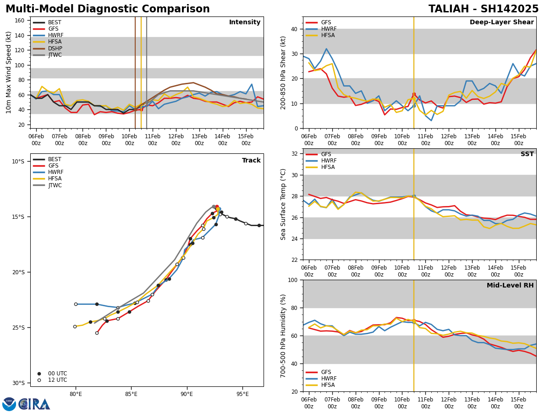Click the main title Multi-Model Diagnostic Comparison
click(x=108, y=9)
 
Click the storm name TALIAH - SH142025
click(x=484, y=9)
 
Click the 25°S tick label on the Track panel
click(x=18, y=328)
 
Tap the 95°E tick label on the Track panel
click(x=242, y=394)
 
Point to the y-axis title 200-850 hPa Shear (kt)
click(x=284, y=72)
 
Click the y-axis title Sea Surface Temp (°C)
click(x=284, y=204)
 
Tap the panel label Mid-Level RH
click(x=510, y=286)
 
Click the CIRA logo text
click(x=34, y=404)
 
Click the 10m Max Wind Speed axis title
click(x=9, y=72)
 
